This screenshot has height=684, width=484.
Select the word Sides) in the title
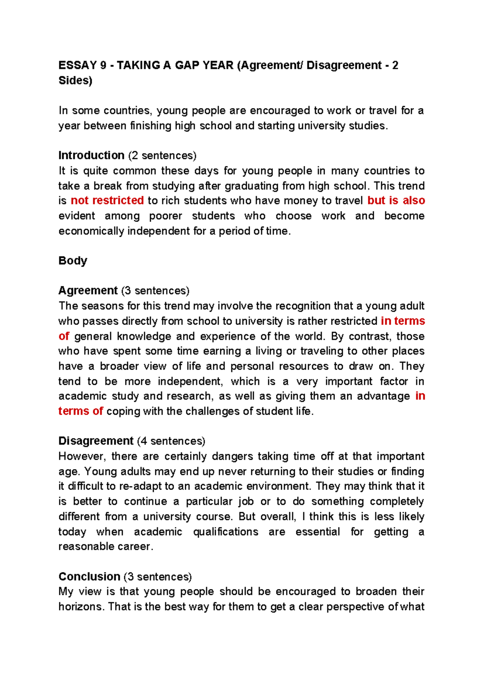[75, 81]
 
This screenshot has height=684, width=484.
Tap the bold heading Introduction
[92, 155]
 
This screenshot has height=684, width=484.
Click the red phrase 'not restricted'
[107, 200]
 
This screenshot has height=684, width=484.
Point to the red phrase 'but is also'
[396, 200]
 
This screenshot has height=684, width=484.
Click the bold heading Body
[73, 261]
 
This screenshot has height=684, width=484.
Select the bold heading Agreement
[88, 290]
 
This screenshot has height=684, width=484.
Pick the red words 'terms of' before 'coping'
[81, 411]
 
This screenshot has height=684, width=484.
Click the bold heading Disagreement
[96, 441]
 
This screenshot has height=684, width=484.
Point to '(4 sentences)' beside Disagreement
[171, 441]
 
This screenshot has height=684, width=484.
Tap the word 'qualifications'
[225, 532]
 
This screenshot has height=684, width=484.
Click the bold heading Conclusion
[90, 577]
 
